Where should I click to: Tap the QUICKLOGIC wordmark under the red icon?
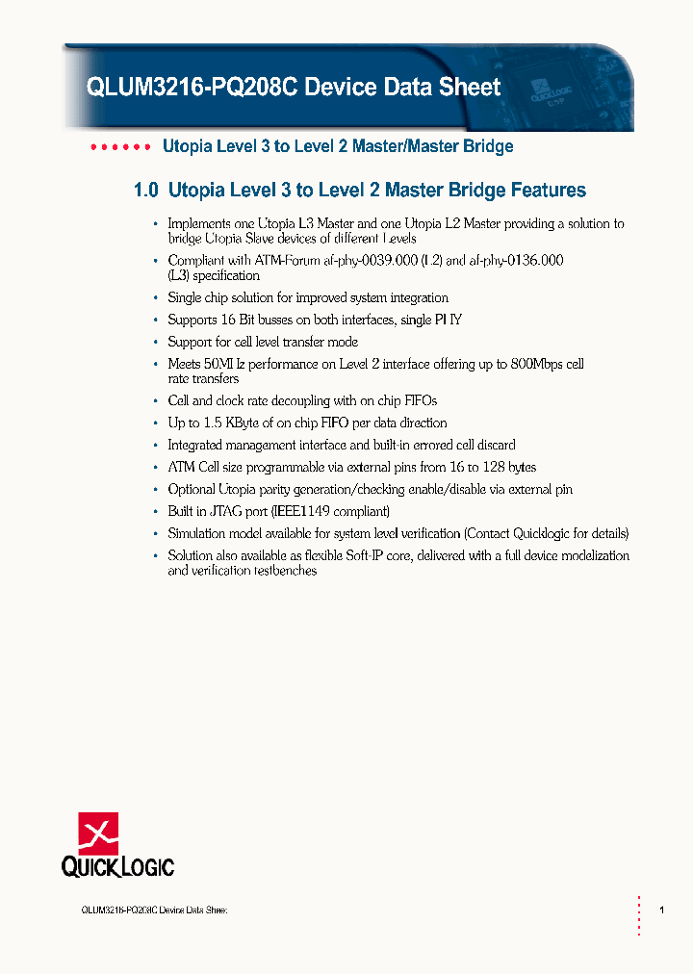117,866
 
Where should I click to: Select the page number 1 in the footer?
661,910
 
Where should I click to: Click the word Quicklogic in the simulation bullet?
545,533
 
